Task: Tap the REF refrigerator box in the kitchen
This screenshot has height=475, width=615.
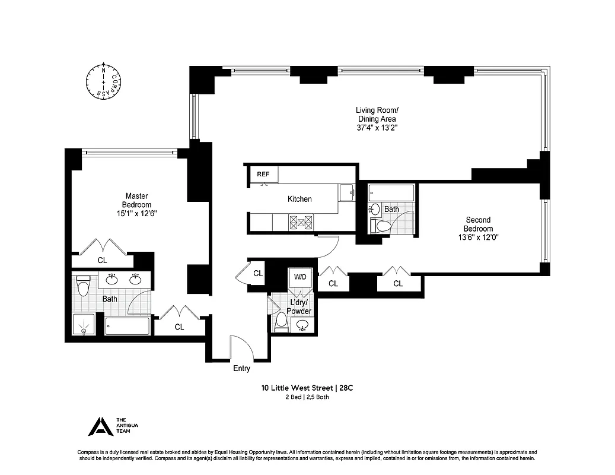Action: (x=263, y=175)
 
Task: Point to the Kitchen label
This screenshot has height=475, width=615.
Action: (x=299, y=199)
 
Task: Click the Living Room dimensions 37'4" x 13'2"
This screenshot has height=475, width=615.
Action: (x=377, y=127)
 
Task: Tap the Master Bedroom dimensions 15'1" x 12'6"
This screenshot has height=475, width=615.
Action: (x=136, y=213)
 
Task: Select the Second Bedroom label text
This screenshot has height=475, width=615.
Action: (x=477, y=224)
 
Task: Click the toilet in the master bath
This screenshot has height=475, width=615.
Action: (x=83, y=287)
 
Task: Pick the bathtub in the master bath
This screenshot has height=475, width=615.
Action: (x=128, y=326)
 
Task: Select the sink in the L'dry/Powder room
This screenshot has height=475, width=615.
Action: (x=303, y=325)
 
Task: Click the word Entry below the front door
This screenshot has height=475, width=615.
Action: (x=241, y=369)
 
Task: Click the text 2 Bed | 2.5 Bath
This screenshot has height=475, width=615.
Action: (x=307, y=397)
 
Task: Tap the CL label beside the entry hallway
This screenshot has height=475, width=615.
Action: (x=257, y=274)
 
